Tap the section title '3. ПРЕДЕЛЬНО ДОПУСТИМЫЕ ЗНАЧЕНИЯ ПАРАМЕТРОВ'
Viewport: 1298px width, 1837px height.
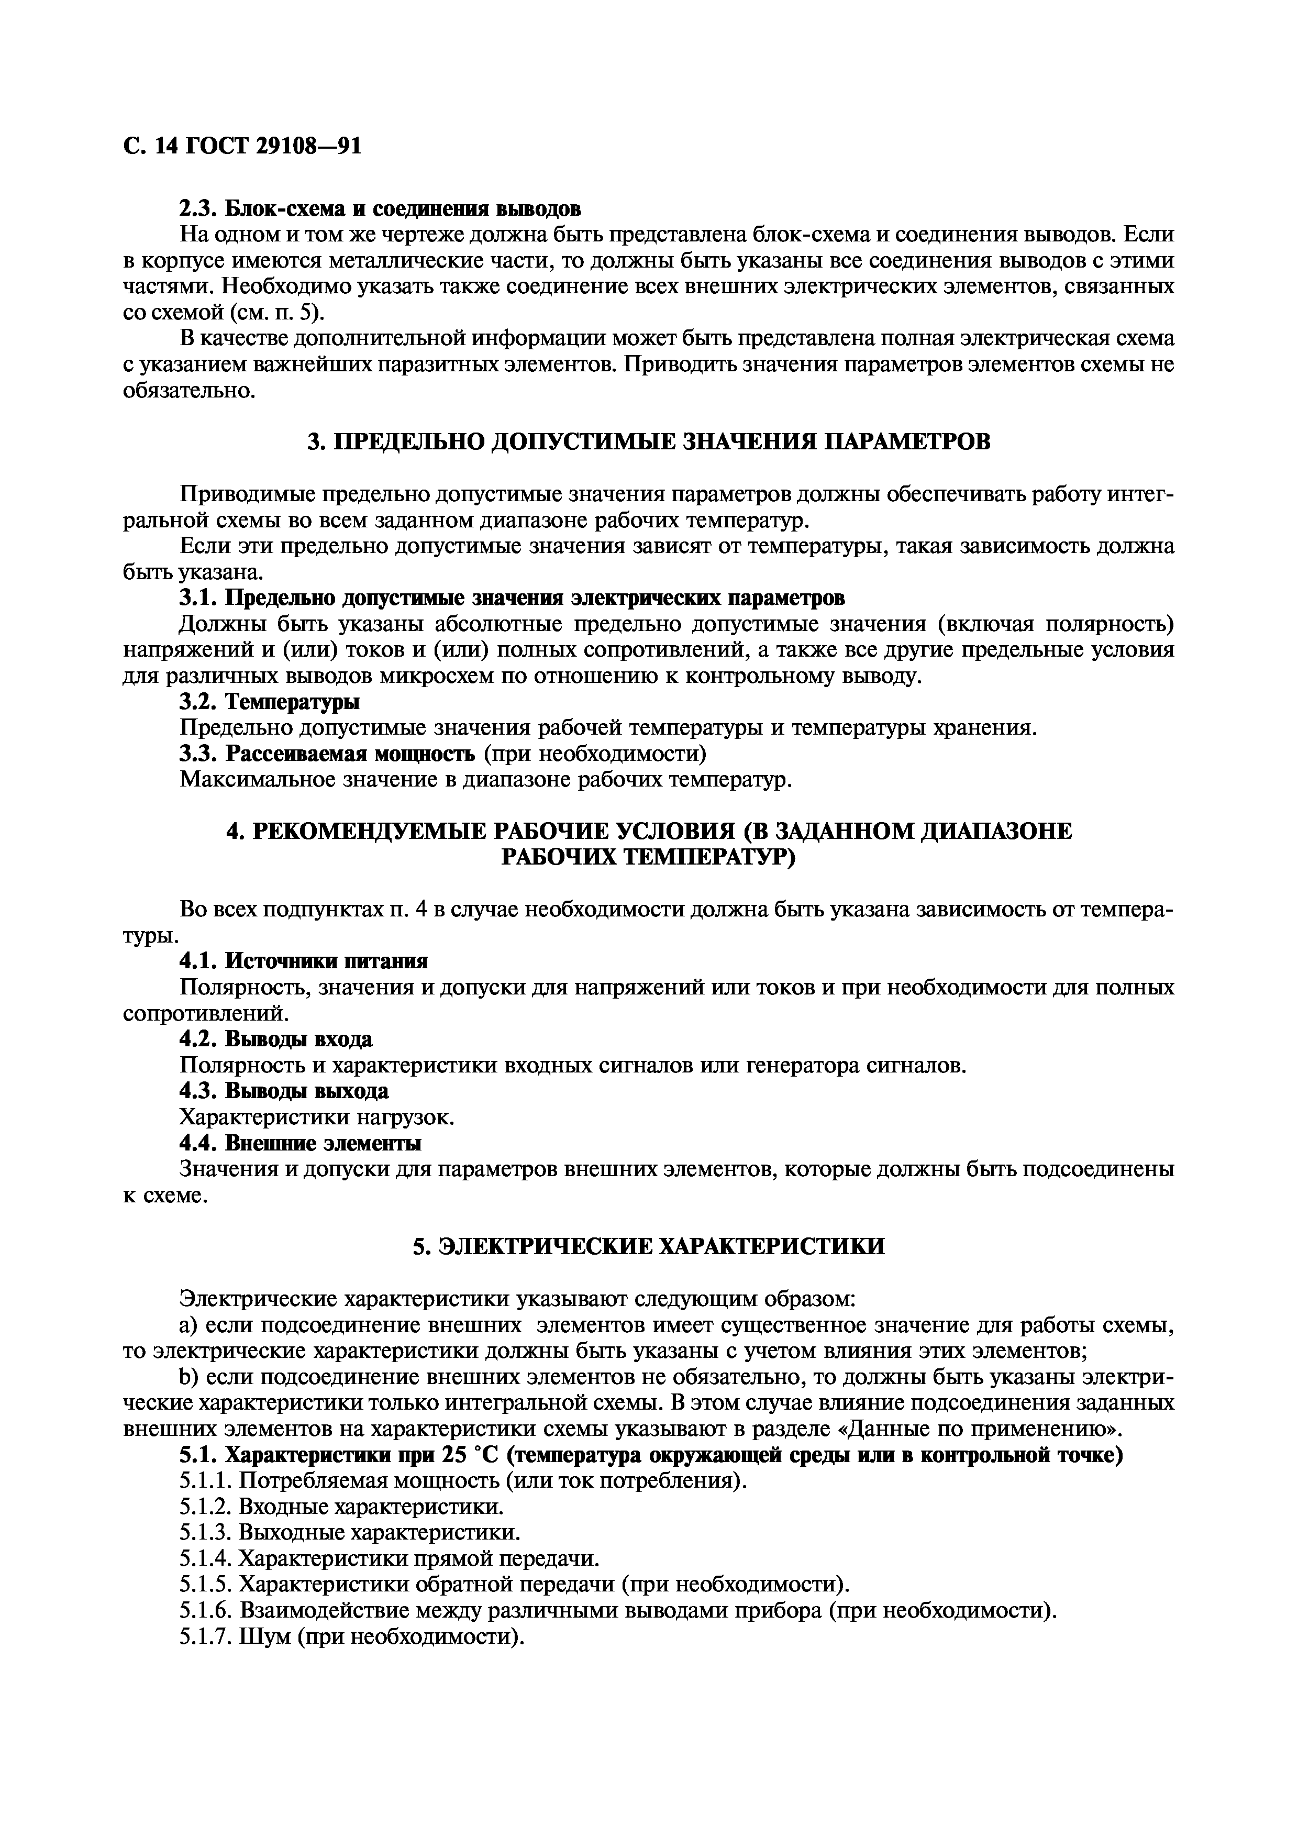tap(649, 441)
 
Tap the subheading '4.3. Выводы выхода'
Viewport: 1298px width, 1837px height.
tap(284, 1091)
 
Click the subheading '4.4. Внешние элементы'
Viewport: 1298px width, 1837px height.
tap(300, 1143)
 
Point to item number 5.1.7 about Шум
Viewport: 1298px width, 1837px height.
tap(352, 1637)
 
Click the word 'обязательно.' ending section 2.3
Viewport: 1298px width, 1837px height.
tap(188, 391)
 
